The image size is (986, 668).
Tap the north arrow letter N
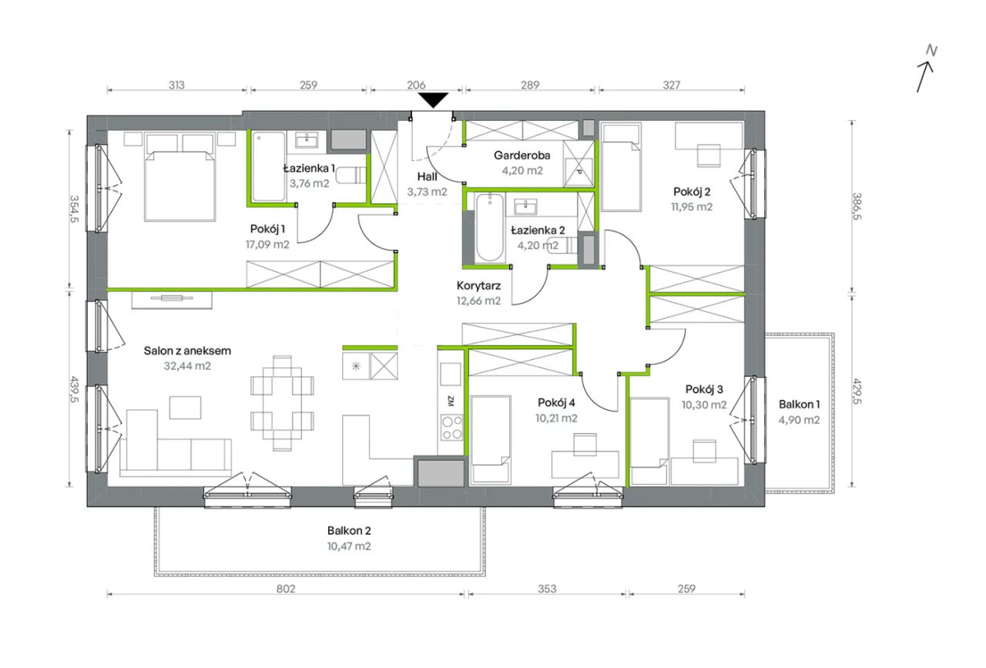pyautogui.click(x=931, y=51)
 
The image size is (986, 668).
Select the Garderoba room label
pyautogui.click(x=522, y=155)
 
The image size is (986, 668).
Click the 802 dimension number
pyautogui.click(x=286, y=589)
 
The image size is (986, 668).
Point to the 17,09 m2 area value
pyautogui.click(x=267, y=244)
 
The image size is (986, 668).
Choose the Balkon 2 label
pyautogui.click(x=349, y=531)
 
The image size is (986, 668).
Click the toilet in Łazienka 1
pyautogui.click(x=351, y=175)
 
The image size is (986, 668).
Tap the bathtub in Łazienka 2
pyautogui.click(x=489, y=227)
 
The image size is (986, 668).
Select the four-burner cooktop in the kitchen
pyautogui.click(x=452, y=427)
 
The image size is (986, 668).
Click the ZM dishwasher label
pyautogui.click(x=451, y=401)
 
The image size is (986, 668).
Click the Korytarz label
pyautogui.click(x=478, y=286)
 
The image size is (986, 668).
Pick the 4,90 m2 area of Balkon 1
pyautogui.click(x=799, y=420)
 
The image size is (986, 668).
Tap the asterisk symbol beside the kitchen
pyautogui.click(x=356, y=365)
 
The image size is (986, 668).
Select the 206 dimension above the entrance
pyautogui.click(x=416, y=85)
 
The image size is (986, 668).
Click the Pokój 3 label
pyautogui.click(x=704, y=389)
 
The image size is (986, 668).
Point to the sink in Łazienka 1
pyautogui.click(x=307, y=140)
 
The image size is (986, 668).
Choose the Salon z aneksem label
pyautogui.click(x=187, y=351)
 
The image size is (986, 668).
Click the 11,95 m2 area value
pyautogui.click(x=692, y=206)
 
